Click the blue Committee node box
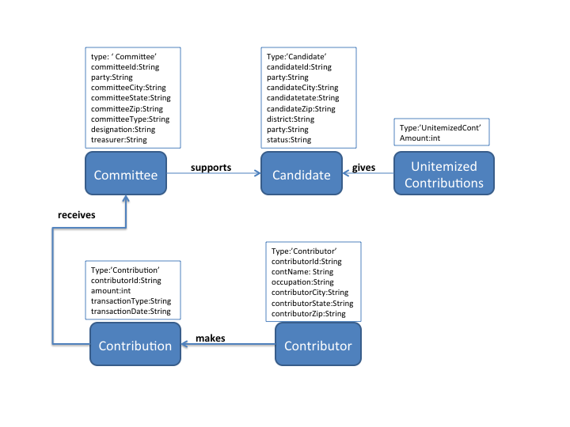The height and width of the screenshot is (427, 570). pyautogui.click(x=125, y=174)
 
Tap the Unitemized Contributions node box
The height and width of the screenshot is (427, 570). pyautogui.click(x=443, y=174)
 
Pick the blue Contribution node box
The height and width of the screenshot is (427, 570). pyautogui.click(x=135, y=346)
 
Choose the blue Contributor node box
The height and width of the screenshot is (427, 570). pyautogui.click(x=317, y=346)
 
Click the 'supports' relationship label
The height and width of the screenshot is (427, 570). pyautogui.click(x=211, y=168)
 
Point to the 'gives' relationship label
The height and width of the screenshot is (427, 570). pyautogui.click(x=364, y=168)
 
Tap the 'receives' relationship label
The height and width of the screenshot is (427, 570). pyautogui.click(x=77, y=214)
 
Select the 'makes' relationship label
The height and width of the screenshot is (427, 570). pyautogui.click(x=211, y=338)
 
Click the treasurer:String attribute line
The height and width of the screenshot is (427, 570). pyautogui.click(x=120, y=140)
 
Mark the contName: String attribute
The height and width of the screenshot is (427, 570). pyautogui.click(x=302, y=272)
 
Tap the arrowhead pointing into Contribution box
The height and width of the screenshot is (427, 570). pyautogui.click(x=186, y=346)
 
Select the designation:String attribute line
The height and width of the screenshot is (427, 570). pyautogui.click(x=123, y=129)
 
